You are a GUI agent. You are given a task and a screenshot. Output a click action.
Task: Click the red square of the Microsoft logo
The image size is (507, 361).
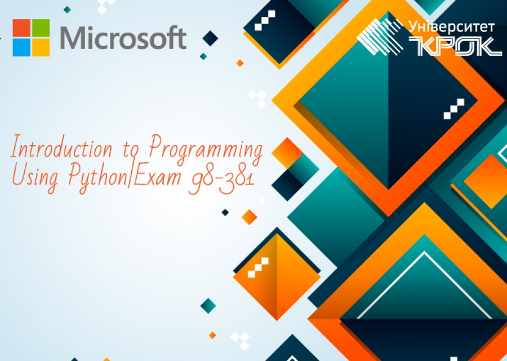tap(21, 28)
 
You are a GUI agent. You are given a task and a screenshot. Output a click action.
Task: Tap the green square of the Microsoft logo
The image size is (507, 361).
tap(41, 28)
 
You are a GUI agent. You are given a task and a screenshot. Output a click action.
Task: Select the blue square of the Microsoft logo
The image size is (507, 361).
tap(21, 47)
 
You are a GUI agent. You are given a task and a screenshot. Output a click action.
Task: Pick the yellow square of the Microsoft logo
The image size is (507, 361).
tap(41, 47)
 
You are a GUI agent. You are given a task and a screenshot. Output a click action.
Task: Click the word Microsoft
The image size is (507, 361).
tap(123, 38)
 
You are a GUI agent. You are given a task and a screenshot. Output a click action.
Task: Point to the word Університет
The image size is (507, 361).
tap(451, 27)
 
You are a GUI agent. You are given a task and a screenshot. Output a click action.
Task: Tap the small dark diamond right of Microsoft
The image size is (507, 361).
tap(210, 38)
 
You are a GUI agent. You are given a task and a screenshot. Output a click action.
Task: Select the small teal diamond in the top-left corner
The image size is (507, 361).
tap(67, 10)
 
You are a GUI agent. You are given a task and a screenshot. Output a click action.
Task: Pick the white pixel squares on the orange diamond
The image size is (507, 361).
tap(259, 268)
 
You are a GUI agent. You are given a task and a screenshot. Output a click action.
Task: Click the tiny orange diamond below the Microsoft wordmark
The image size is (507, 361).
tap(239, 63)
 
